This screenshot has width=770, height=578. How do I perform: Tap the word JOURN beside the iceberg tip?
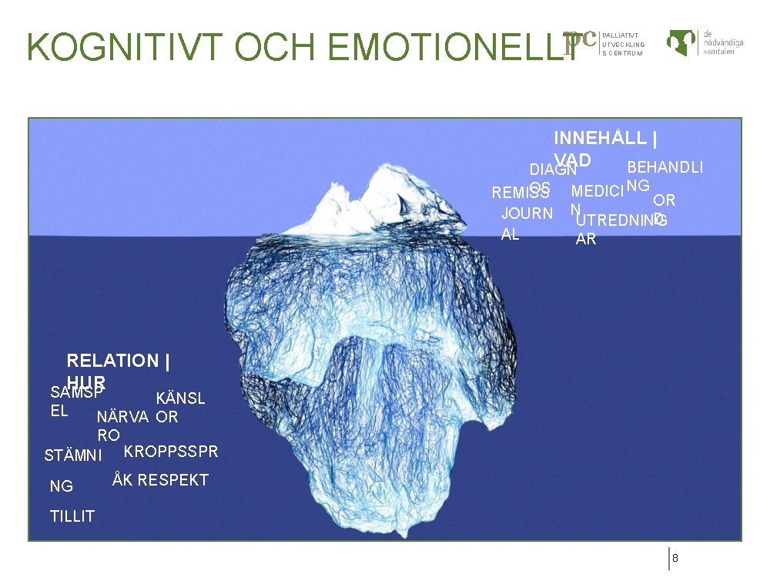click(527, 213)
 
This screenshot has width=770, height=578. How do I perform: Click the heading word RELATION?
click(112, 361)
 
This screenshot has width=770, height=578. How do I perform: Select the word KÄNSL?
click(181, 398)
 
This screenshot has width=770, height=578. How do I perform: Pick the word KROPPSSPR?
click(171, 451)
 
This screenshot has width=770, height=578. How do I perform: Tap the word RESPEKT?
click(173, 480)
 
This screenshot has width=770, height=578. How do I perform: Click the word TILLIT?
click(72, 516)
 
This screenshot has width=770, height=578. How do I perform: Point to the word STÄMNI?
click(73, 455)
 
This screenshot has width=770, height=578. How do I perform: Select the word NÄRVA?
click(123, 417)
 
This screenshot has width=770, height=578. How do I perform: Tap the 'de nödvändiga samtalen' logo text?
click(722, 42)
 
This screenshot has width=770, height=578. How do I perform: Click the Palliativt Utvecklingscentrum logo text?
click(623, 44)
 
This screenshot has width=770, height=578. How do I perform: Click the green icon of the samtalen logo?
click(681, 42)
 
